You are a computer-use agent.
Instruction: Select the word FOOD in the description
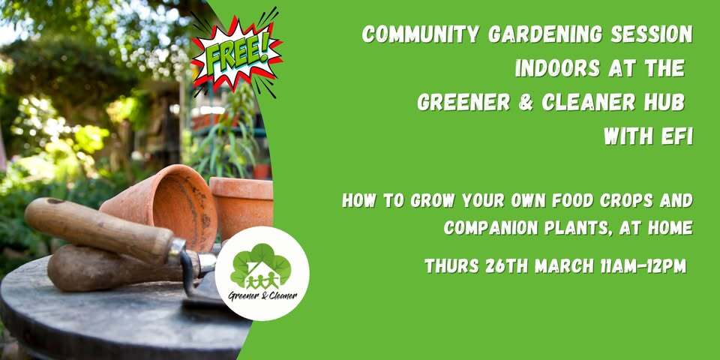pos(568,202)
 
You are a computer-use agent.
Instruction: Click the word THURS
pos(452,266)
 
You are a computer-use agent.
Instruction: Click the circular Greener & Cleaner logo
pos(262,273)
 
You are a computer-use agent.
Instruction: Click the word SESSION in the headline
pos(648,34)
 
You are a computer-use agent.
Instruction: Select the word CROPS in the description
pos(628,202)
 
